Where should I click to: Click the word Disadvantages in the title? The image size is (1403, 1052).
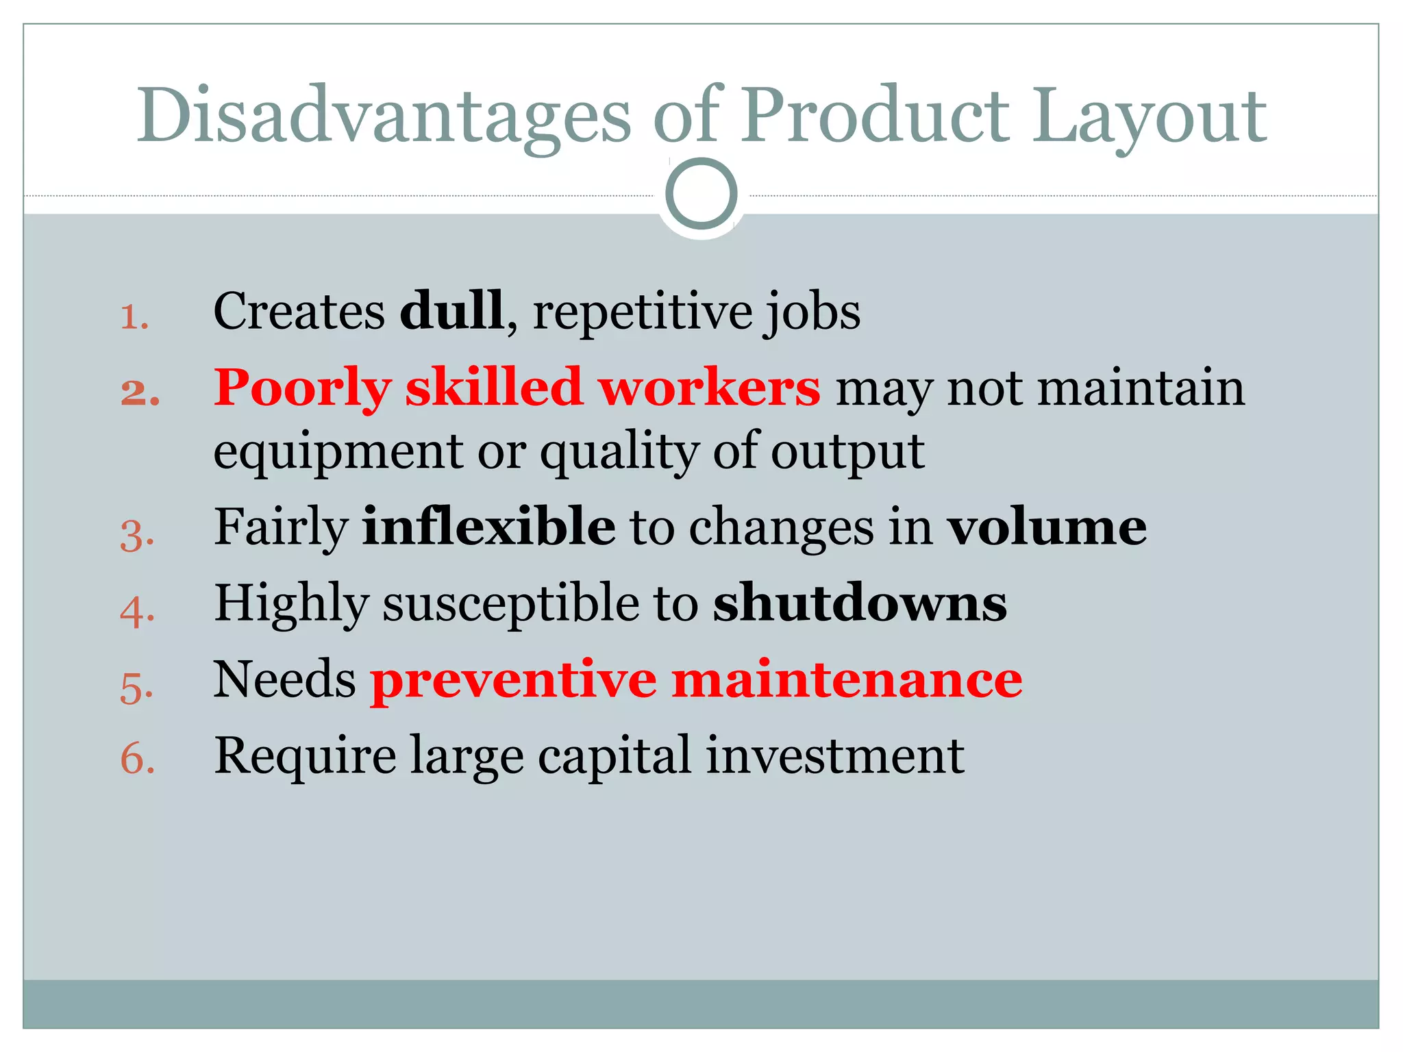(384, 116)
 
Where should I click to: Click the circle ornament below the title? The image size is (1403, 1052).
(701, 194)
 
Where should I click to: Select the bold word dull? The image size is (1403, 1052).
(452, 311)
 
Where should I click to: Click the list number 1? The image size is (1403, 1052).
(135, 317)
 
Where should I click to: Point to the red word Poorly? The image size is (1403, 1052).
(302, 388)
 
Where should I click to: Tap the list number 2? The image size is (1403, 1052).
(140, 393)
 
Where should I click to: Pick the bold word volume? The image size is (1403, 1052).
(1047, 527)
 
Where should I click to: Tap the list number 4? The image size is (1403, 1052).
(137, 611)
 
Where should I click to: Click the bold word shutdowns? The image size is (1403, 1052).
(860, 603)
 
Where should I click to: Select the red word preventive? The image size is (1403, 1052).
(513, 681)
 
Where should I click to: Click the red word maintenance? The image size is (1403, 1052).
(847, 679)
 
